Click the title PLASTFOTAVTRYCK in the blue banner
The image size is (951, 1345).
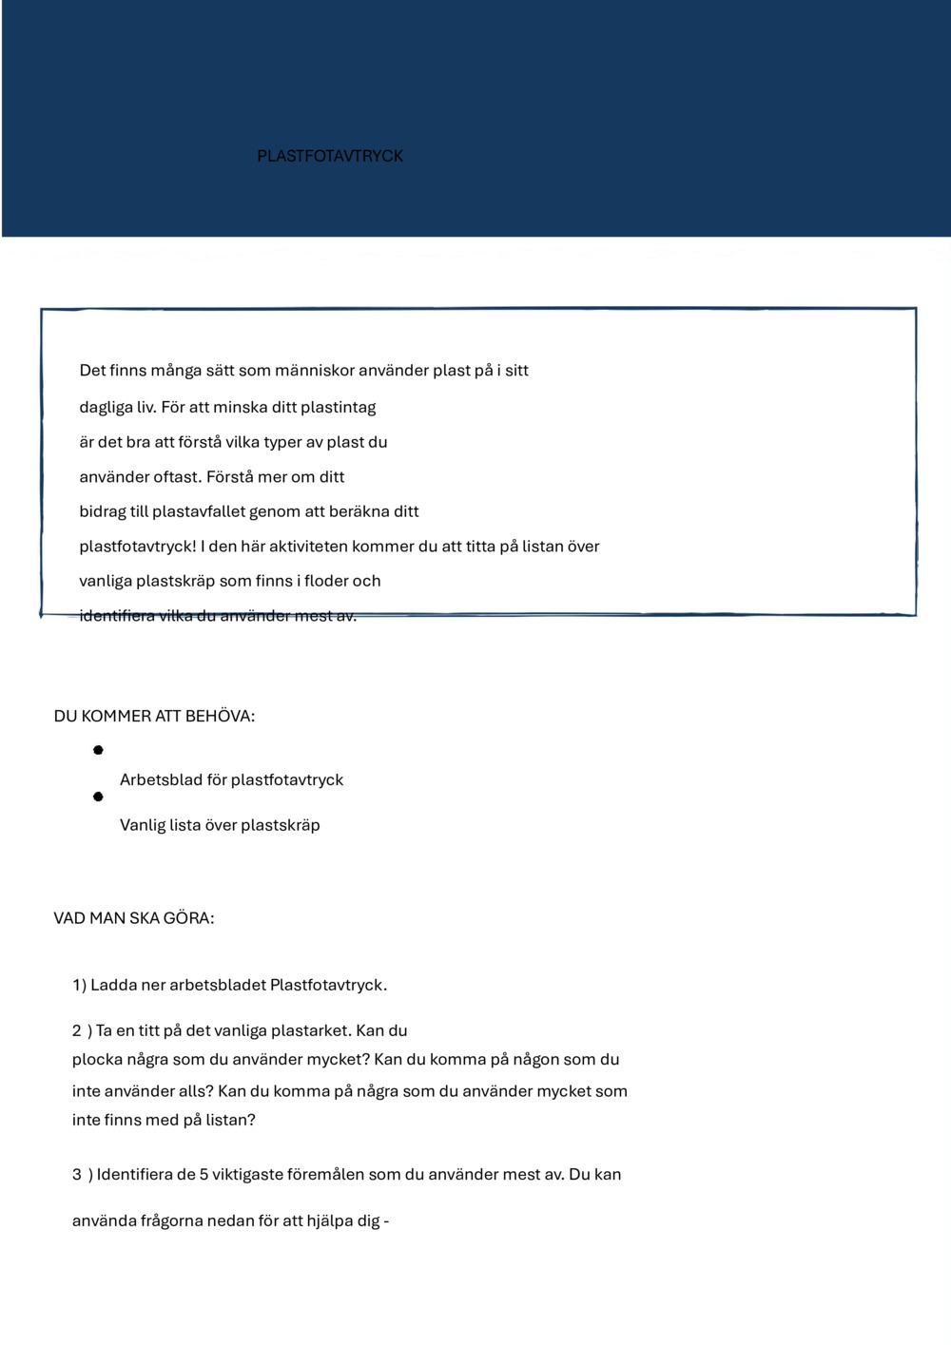point(330,156)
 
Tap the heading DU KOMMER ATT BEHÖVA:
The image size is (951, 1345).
point(154,717)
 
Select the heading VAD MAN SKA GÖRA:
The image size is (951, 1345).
point(134,918)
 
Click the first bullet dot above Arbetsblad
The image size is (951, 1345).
point(98,751)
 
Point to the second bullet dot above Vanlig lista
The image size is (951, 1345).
point(98,797)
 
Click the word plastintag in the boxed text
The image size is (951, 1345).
point(338,408)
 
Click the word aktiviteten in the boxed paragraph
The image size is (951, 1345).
point(308,547)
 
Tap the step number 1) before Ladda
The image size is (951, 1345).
point(79,986)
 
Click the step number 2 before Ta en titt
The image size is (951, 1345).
point(77,1030)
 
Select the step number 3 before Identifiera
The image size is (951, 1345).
point(77,1175)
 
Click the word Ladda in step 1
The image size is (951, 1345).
point(113,986)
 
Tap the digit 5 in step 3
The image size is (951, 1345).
point(204,1175)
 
